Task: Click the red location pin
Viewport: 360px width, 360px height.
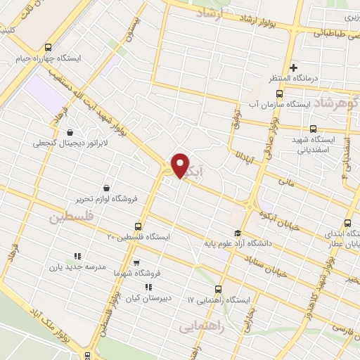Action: tap(180, 165)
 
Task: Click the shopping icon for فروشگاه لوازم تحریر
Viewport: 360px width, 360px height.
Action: tap(106, 188)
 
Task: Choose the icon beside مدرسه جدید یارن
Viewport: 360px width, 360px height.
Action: tap(77, 256)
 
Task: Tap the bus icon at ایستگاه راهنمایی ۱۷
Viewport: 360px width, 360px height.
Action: tap(217, 289)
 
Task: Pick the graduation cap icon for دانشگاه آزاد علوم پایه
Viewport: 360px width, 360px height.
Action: tap(237, 233)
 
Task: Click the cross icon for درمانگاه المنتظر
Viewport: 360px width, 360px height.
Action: tap(294, 67)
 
